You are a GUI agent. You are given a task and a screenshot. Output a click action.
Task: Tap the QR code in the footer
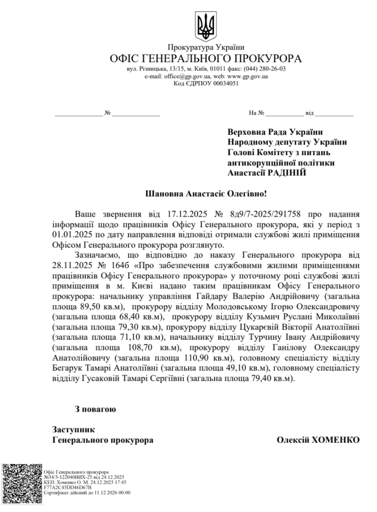point(21,481)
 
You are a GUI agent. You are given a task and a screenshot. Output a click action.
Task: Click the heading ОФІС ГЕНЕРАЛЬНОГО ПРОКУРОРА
point(206,59)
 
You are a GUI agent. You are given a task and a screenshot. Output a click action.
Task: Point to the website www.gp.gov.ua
point(247,76)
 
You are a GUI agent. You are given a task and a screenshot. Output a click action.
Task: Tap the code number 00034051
point(225,83)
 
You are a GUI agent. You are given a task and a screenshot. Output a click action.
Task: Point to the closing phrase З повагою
point(95,409)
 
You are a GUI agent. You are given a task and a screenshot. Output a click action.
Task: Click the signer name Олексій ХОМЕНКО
point(318,440)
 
